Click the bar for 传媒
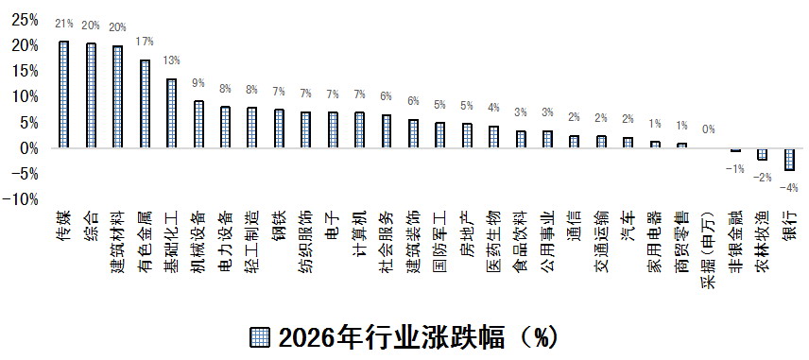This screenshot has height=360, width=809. (64, 94)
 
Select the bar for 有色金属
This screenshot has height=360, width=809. (145, 104)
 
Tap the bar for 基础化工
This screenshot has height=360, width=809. (171, 113)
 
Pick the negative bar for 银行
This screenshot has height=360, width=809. (789, 159)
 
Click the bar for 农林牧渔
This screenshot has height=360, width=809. (762, 154)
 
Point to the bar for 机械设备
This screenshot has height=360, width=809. (198, 124)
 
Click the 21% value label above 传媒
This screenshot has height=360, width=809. (64, 24)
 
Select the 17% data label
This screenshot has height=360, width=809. (145, 43)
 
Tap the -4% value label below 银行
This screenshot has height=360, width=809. (789, 187)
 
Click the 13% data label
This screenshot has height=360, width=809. (171, 61)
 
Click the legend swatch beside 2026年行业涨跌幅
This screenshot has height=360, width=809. (262, 337)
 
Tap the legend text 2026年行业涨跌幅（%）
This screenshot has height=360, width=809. (416, 337)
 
